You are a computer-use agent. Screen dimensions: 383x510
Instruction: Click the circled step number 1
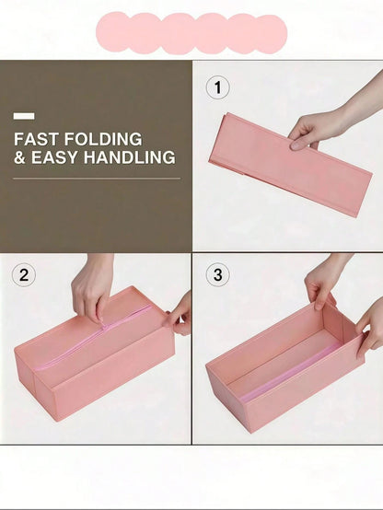pyautogui.click(x=217, y=87)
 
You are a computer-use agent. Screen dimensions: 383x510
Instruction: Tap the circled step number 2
pyautogui.click(x=24, y=275)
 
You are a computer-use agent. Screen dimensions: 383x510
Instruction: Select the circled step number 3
pyautogui.click(x=217, y=274)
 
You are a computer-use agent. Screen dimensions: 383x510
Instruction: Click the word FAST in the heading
pyautogui.click(x=36, y=139)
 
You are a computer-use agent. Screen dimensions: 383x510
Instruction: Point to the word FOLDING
pyautogui.click(x=103, y=139)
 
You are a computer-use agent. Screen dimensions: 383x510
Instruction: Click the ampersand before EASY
pyautogui.click(x=19, y=157)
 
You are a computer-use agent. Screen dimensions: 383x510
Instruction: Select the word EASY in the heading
pyautogui.click(x=54, y=157)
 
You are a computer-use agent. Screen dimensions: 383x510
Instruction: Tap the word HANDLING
pyautogui.click(x=130, y=157)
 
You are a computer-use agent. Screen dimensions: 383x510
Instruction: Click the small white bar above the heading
pyautogui.click(x=24, y=116)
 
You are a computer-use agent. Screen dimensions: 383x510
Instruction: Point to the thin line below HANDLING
pyautogui.click(x=97, y=179)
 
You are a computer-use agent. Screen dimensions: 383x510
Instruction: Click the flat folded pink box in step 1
pyautogui.click(x=290, y=164)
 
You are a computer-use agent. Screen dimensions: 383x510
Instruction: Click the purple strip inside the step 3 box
pyautogui.click(x=291, y=373)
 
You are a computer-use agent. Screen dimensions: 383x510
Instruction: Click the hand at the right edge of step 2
pyautogui.click(x=180, y=315)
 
